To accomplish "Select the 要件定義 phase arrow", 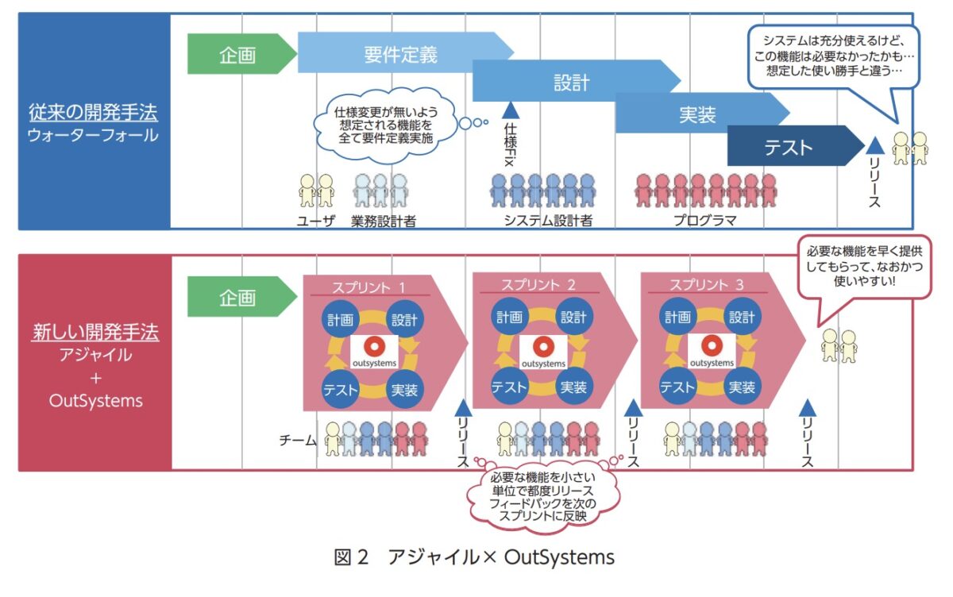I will (x=401, y=54).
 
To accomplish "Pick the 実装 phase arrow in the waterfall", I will (x=697, y=114).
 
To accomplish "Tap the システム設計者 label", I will (x=548, y=221).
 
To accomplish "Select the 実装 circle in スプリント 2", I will (x=573, y=387).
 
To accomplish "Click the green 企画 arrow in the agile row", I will (x=237, y=298).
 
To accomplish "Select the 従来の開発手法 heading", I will (x=94, y=110).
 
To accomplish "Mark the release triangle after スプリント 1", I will (x=464, y=408).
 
